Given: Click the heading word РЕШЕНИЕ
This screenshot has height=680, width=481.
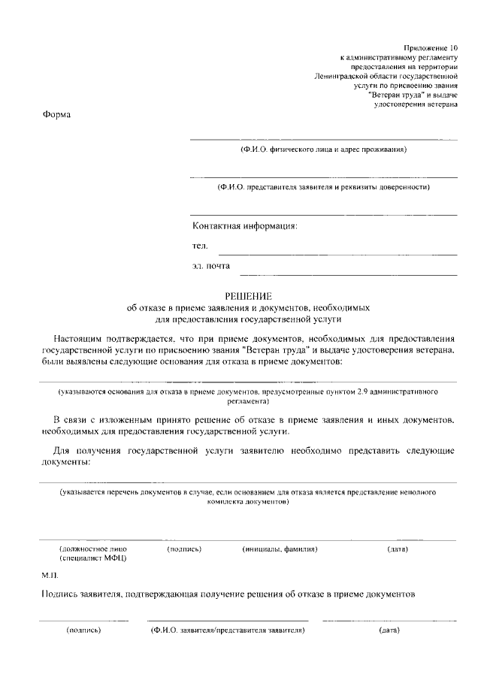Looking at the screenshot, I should coord(248,296).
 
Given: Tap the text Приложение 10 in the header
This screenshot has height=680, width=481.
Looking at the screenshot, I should coord(430,47).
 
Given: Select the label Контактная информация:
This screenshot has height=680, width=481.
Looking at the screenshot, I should coord(245,225).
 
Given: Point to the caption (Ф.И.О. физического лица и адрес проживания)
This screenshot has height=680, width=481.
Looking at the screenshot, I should coord(323,150).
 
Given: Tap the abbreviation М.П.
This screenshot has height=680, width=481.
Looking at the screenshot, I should coord(50,575).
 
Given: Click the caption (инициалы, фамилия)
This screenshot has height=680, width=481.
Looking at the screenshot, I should coord(280,549).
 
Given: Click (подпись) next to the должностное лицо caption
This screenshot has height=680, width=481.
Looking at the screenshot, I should coord(184,549).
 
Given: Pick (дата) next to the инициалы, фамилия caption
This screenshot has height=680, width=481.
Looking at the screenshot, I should coord(398,549).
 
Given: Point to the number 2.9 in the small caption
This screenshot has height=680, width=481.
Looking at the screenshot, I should coord(363,392).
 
